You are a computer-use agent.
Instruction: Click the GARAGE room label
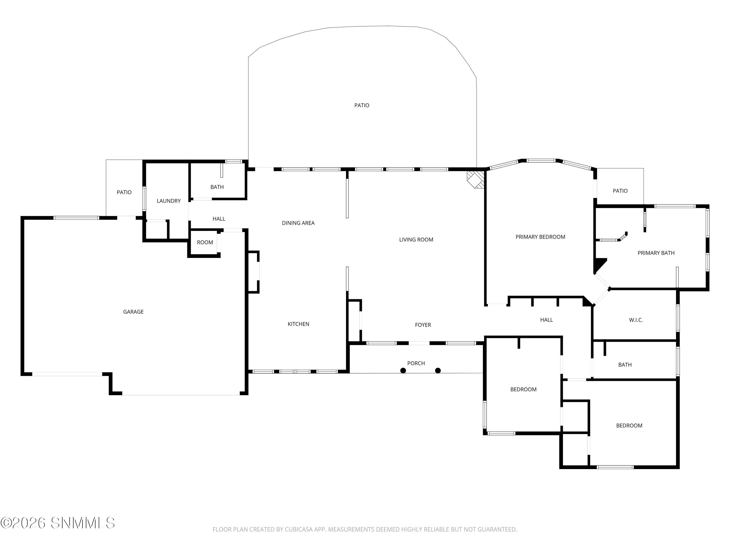point(133,312)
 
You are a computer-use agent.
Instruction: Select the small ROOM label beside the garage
point(205,242)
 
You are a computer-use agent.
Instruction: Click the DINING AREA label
point(298,223)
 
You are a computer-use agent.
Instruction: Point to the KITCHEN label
point(298,324)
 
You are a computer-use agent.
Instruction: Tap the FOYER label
point(423,325)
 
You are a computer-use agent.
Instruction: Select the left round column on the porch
point(403,371)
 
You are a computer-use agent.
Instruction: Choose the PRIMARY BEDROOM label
point(540,237)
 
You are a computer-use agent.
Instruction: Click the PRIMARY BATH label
point(656,253)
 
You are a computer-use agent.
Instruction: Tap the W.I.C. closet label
point(636,320)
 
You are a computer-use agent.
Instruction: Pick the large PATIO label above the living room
point(361,105)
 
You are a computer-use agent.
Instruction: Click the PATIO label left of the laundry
point(124,192)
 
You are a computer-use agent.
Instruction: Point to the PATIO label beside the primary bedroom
point(620,191)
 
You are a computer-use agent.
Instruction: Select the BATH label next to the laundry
point(217,187)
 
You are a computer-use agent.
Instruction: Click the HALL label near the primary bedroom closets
point(546,320)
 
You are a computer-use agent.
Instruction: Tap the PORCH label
point(416,363)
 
